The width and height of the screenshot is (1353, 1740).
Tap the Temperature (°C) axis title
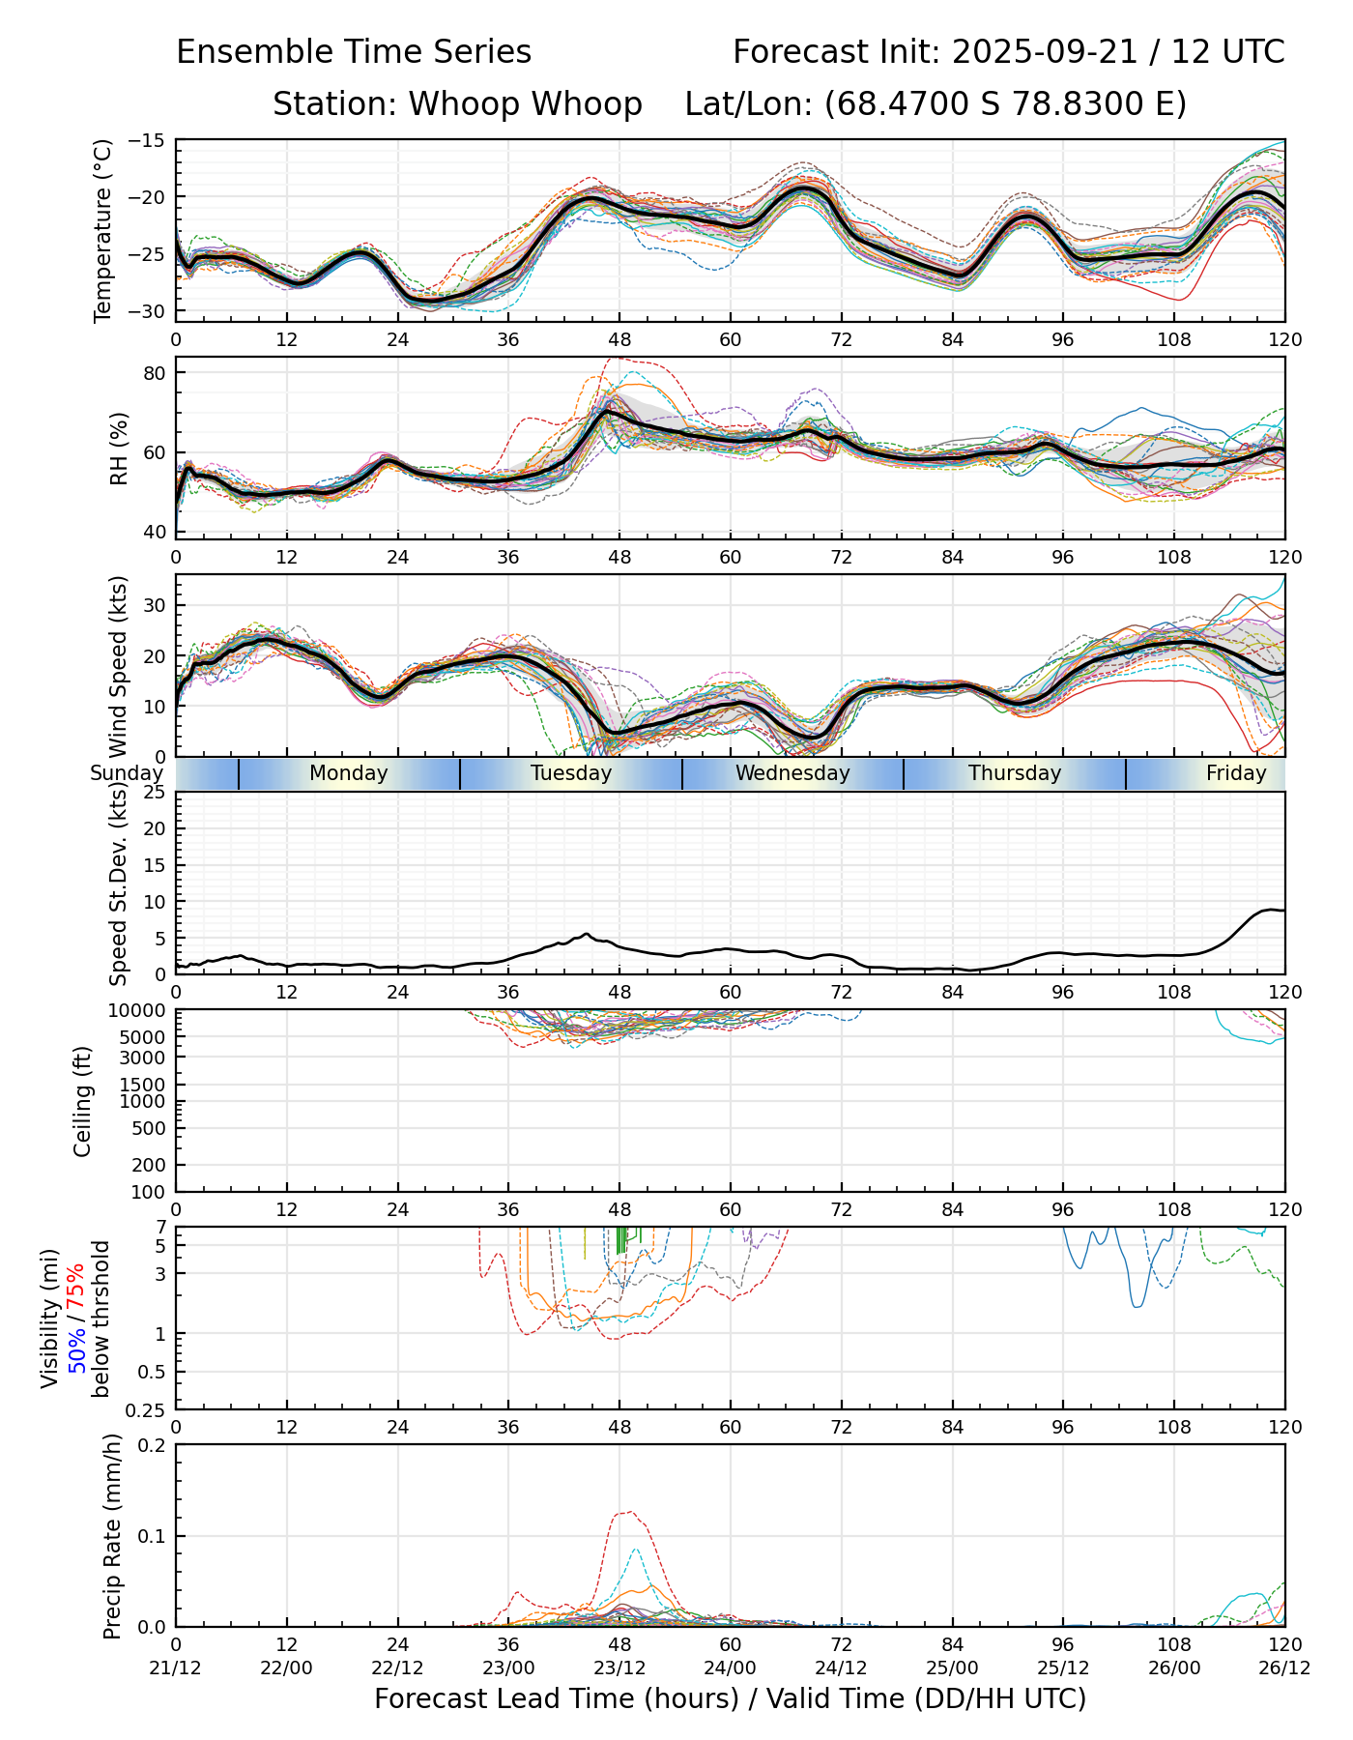click(x=103, y=230)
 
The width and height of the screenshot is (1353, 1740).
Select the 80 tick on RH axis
click(x=156, y=373)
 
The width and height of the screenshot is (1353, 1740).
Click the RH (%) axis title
click(x=119, y=449)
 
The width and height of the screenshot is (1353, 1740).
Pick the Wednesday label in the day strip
click(x=792, y=773)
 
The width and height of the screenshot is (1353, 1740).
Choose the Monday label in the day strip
click(x=348, y=773)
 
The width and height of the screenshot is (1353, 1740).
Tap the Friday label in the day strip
click(x=1235, y=773)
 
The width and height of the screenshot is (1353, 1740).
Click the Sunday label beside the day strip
click(x=127, y=773)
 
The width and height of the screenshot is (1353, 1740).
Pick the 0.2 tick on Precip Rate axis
click(x=153, y=1445)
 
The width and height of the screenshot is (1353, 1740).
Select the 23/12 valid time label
click(x=619, y=1667)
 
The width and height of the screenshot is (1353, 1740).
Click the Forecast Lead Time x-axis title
click(x=730, y=1698)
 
